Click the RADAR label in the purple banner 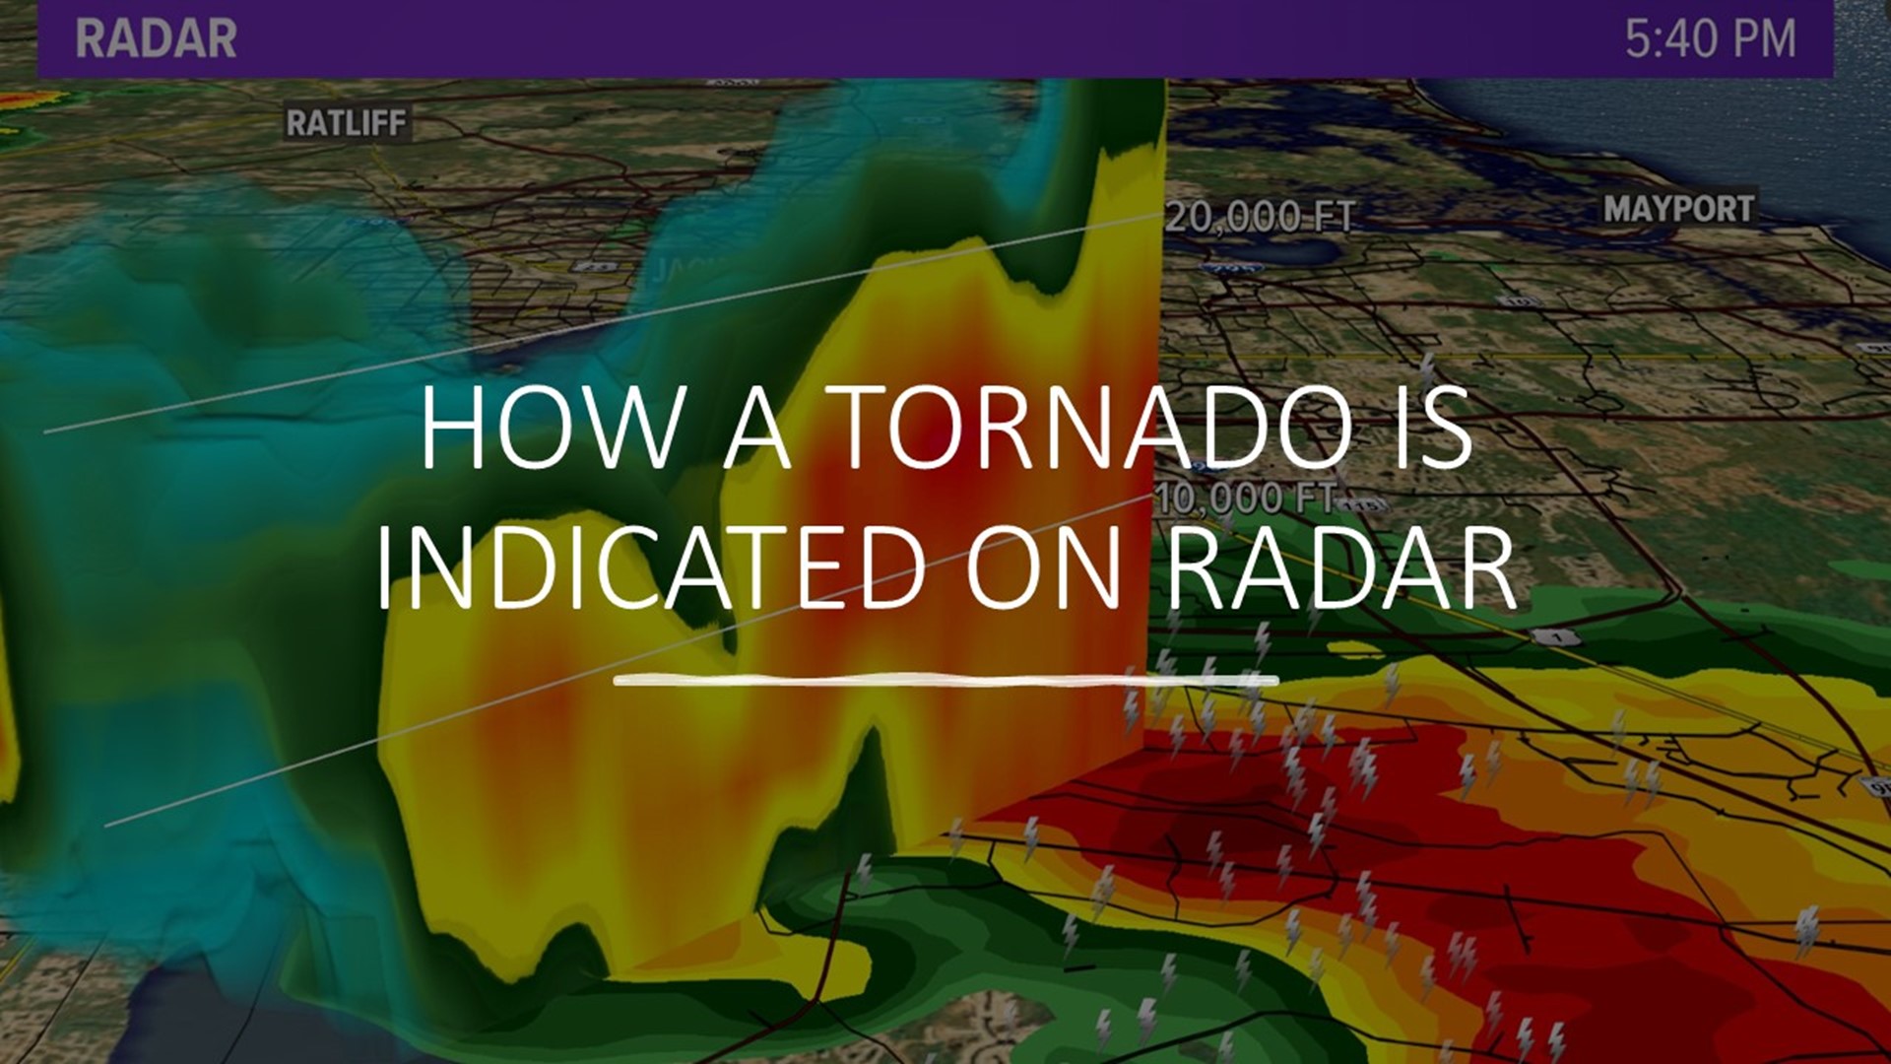coord(156,39)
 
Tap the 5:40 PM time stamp coord(1710,39)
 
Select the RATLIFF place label coord(346,123)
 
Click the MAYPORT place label coord(1678,209)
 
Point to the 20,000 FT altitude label coord(1260,217)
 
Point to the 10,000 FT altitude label coord(1245,499)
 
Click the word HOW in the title coord(550,429)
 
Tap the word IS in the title coord(1433,429)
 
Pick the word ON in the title coord(1044,568)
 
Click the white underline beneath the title coord(945,680)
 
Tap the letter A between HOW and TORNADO coord(756,429)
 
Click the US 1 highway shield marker coord(1557,637)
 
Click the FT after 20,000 coord(1334,217)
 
